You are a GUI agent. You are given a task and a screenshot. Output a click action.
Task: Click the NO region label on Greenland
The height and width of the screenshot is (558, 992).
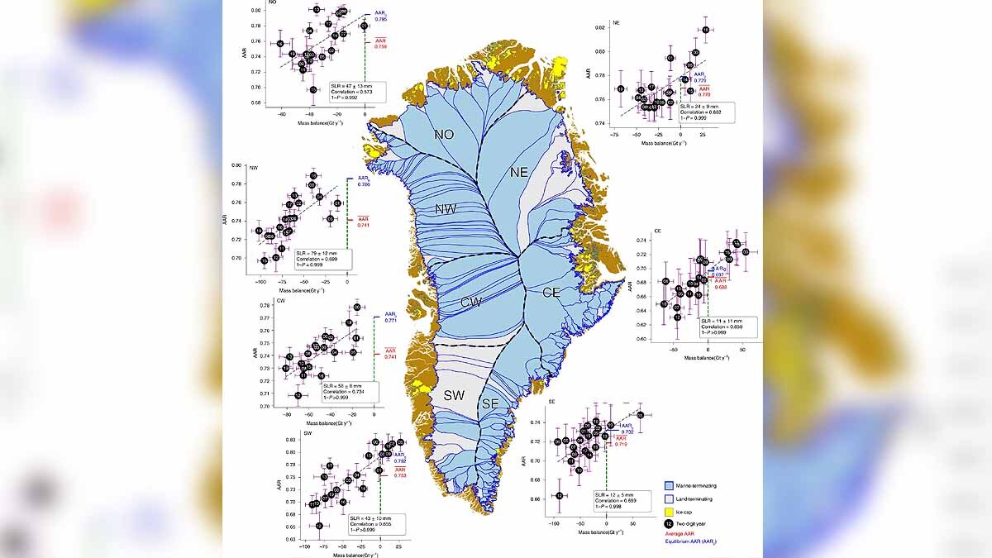(x=444, y=132)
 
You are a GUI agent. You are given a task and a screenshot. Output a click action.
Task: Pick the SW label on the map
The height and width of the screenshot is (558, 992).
(x=452, y=395)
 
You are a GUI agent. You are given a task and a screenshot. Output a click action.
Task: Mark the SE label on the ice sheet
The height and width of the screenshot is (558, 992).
(x=490, y=403)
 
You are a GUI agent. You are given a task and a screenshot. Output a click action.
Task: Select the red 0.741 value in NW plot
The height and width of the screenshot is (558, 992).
(x=364, y=225)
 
